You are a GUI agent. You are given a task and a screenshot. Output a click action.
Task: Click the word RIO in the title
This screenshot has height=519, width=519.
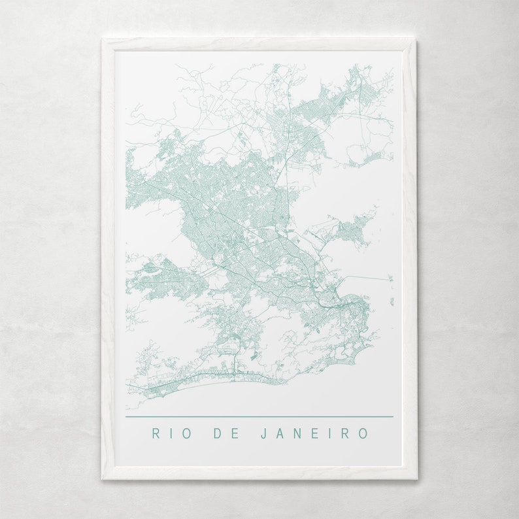pyautogui.click(x=170, y=433)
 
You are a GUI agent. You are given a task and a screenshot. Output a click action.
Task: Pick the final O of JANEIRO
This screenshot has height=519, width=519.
pyautogui.click(x=364, y=433)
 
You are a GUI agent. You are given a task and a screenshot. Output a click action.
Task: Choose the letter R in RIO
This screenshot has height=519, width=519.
pyautogui.click(x=156, y=433)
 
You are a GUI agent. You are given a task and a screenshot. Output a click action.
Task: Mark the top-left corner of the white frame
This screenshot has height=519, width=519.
pyautogui.click(x=103, y=41)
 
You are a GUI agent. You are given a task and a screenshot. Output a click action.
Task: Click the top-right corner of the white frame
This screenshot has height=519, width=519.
pyautogui.click(x=416, y=41)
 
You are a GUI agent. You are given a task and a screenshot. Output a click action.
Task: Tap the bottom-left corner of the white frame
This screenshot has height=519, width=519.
pyautogui.click(x=103, y=478)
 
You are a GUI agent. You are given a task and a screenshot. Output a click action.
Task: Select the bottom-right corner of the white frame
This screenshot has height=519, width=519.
pyautogui.click(x=416, y=478)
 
